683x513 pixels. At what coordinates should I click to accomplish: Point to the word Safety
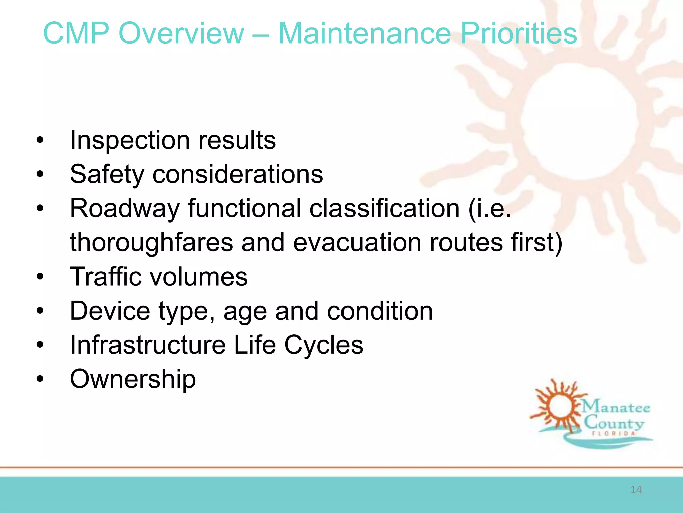[x=107, y=174]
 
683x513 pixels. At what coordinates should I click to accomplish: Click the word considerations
[x=238, y=174]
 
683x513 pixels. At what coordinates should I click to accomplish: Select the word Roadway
[x=125, y=208]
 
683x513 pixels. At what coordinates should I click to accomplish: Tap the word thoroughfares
[x=151, y=242]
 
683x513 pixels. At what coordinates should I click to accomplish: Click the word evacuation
[x=357, y=242]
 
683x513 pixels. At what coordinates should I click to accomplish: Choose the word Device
[x=110, y=311]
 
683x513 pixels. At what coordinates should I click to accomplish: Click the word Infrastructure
[x=148, y=345]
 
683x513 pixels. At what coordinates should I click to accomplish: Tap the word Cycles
[x=323, y=345]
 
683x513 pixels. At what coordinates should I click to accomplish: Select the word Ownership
[x=133, y=379]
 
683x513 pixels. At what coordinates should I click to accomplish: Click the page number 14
[x=636, y=490]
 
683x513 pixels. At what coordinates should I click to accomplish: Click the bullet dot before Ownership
[x=40, y=379]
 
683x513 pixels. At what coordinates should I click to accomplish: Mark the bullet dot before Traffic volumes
[x=40, y=277]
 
